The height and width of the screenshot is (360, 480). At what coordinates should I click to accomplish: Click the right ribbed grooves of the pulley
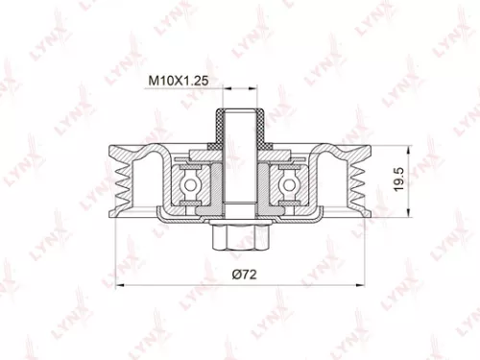[360, 181]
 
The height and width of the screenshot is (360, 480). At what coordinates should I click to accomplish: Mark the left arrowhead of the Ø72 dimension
[118, 285]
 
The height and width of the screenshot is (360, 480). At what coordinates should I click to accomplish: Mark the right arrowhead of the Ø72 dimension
[364, 285]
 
